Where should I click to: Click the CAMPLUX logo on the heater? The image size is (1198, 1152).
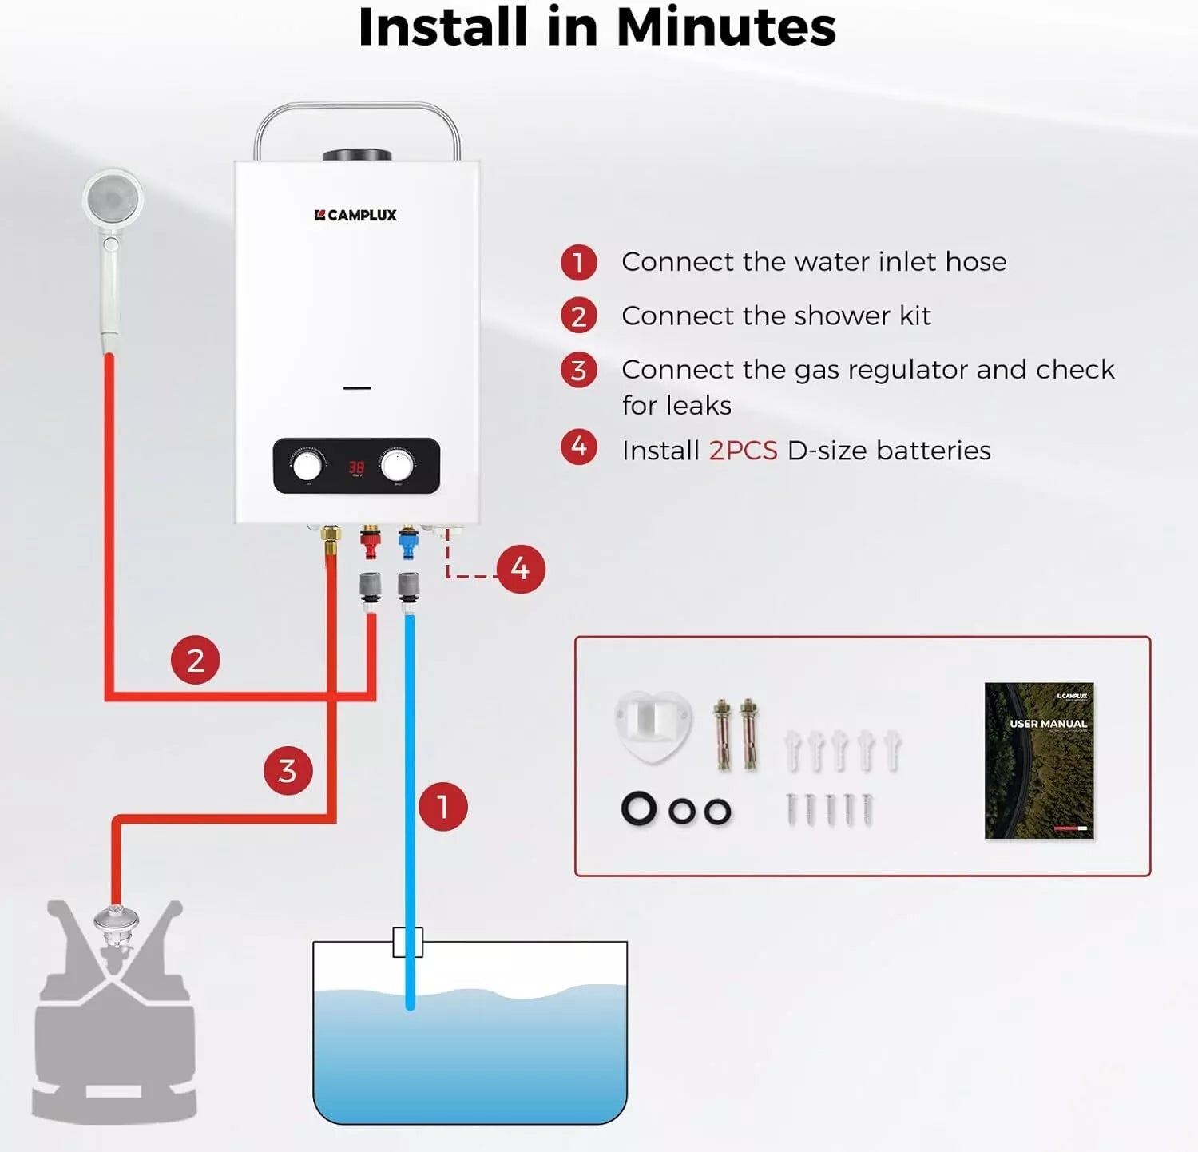(355, 215)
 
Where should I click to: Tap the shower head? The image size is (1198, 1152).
(113, 197)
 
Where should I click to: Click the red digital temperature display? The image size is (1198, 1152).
(356, 467)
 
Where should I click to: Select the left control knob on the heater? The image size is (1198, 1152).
(307, 466)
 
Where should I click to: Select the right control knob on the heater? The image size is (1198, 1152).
(397, 465)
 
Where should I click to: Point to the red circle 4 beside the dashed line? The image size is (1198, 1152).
(521, 569)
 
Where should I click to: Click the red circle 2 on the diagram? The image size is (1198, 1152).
(196, 660)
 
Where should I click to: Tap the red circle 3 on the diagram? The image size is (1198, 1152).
(288, 771)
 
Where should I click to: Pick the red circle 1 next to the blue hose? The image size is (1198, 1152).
(443, 806)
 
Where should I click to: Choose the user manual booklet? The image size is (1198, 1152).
(1039, 760)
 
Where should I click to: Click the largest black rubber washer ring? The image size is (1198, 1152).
(639, 809)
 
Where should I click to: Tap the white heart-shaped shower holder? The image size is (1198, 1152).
(653, 725)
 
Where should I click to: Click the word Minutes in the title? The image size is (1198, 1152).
(726, 27)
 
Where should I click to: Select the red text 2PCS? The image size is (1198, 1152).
(743, 451)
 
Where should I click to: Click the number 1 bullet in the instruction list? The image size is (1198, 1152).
(579, 263)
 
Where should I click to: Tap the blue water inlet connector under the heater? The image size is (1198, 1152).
(408, 543)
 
